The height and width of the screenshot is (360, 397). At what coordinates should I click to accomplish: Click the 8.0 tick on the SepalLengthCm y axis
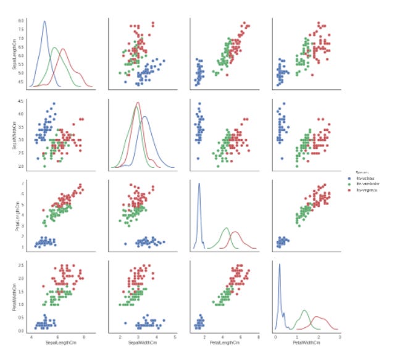click(x=20, y=21)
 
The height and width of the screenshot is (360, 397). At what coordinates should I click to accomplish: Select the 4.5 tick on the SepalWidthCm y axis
click(x=20, y=101)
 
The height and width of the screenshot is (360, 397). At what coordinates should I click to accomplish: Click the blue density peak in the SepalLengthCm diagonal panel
click(x=44, y=22)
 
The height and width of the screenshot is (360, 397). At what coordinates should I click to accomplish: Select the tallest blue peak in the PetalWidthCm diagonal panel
click(x=280, y=265)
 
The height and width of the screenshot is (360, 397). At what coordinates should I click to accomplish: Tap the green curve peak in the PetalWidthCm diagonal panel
click(x=304, y=311)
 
